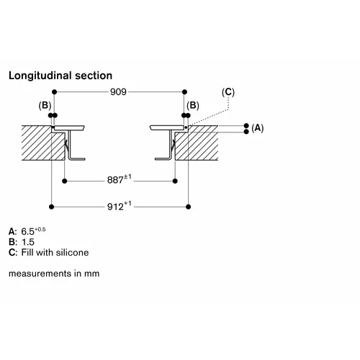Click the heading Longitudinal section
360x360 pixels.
(x=60, y=76)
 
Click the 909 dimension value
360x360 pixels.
(x=118, y=91)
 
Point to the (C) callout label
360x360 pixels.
(x=228, y=92)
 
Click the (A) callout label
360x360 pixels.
(x=258, y=128)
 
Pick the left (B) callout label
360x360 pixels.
(x=45, y=106)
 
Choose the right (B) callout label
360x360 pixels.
(x=193, y=106)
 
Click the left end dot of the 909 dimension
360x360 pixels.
(x=54, y=92)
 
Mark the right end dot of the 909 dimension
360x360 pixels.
(x=184, y=92)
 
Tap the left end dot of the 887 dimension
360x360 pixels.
(x=64, y=181)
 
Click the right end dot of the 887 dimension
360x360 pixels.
(x=175, y=181)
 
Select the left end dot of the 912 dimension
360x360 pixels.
(x=51, y=207)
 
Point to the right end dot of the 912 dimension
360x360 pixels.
(x=189, y=207)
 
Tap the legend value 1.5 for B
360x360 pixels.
(x=28, y=242)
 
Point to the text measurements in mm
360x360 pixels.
(x=54, y=274)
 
